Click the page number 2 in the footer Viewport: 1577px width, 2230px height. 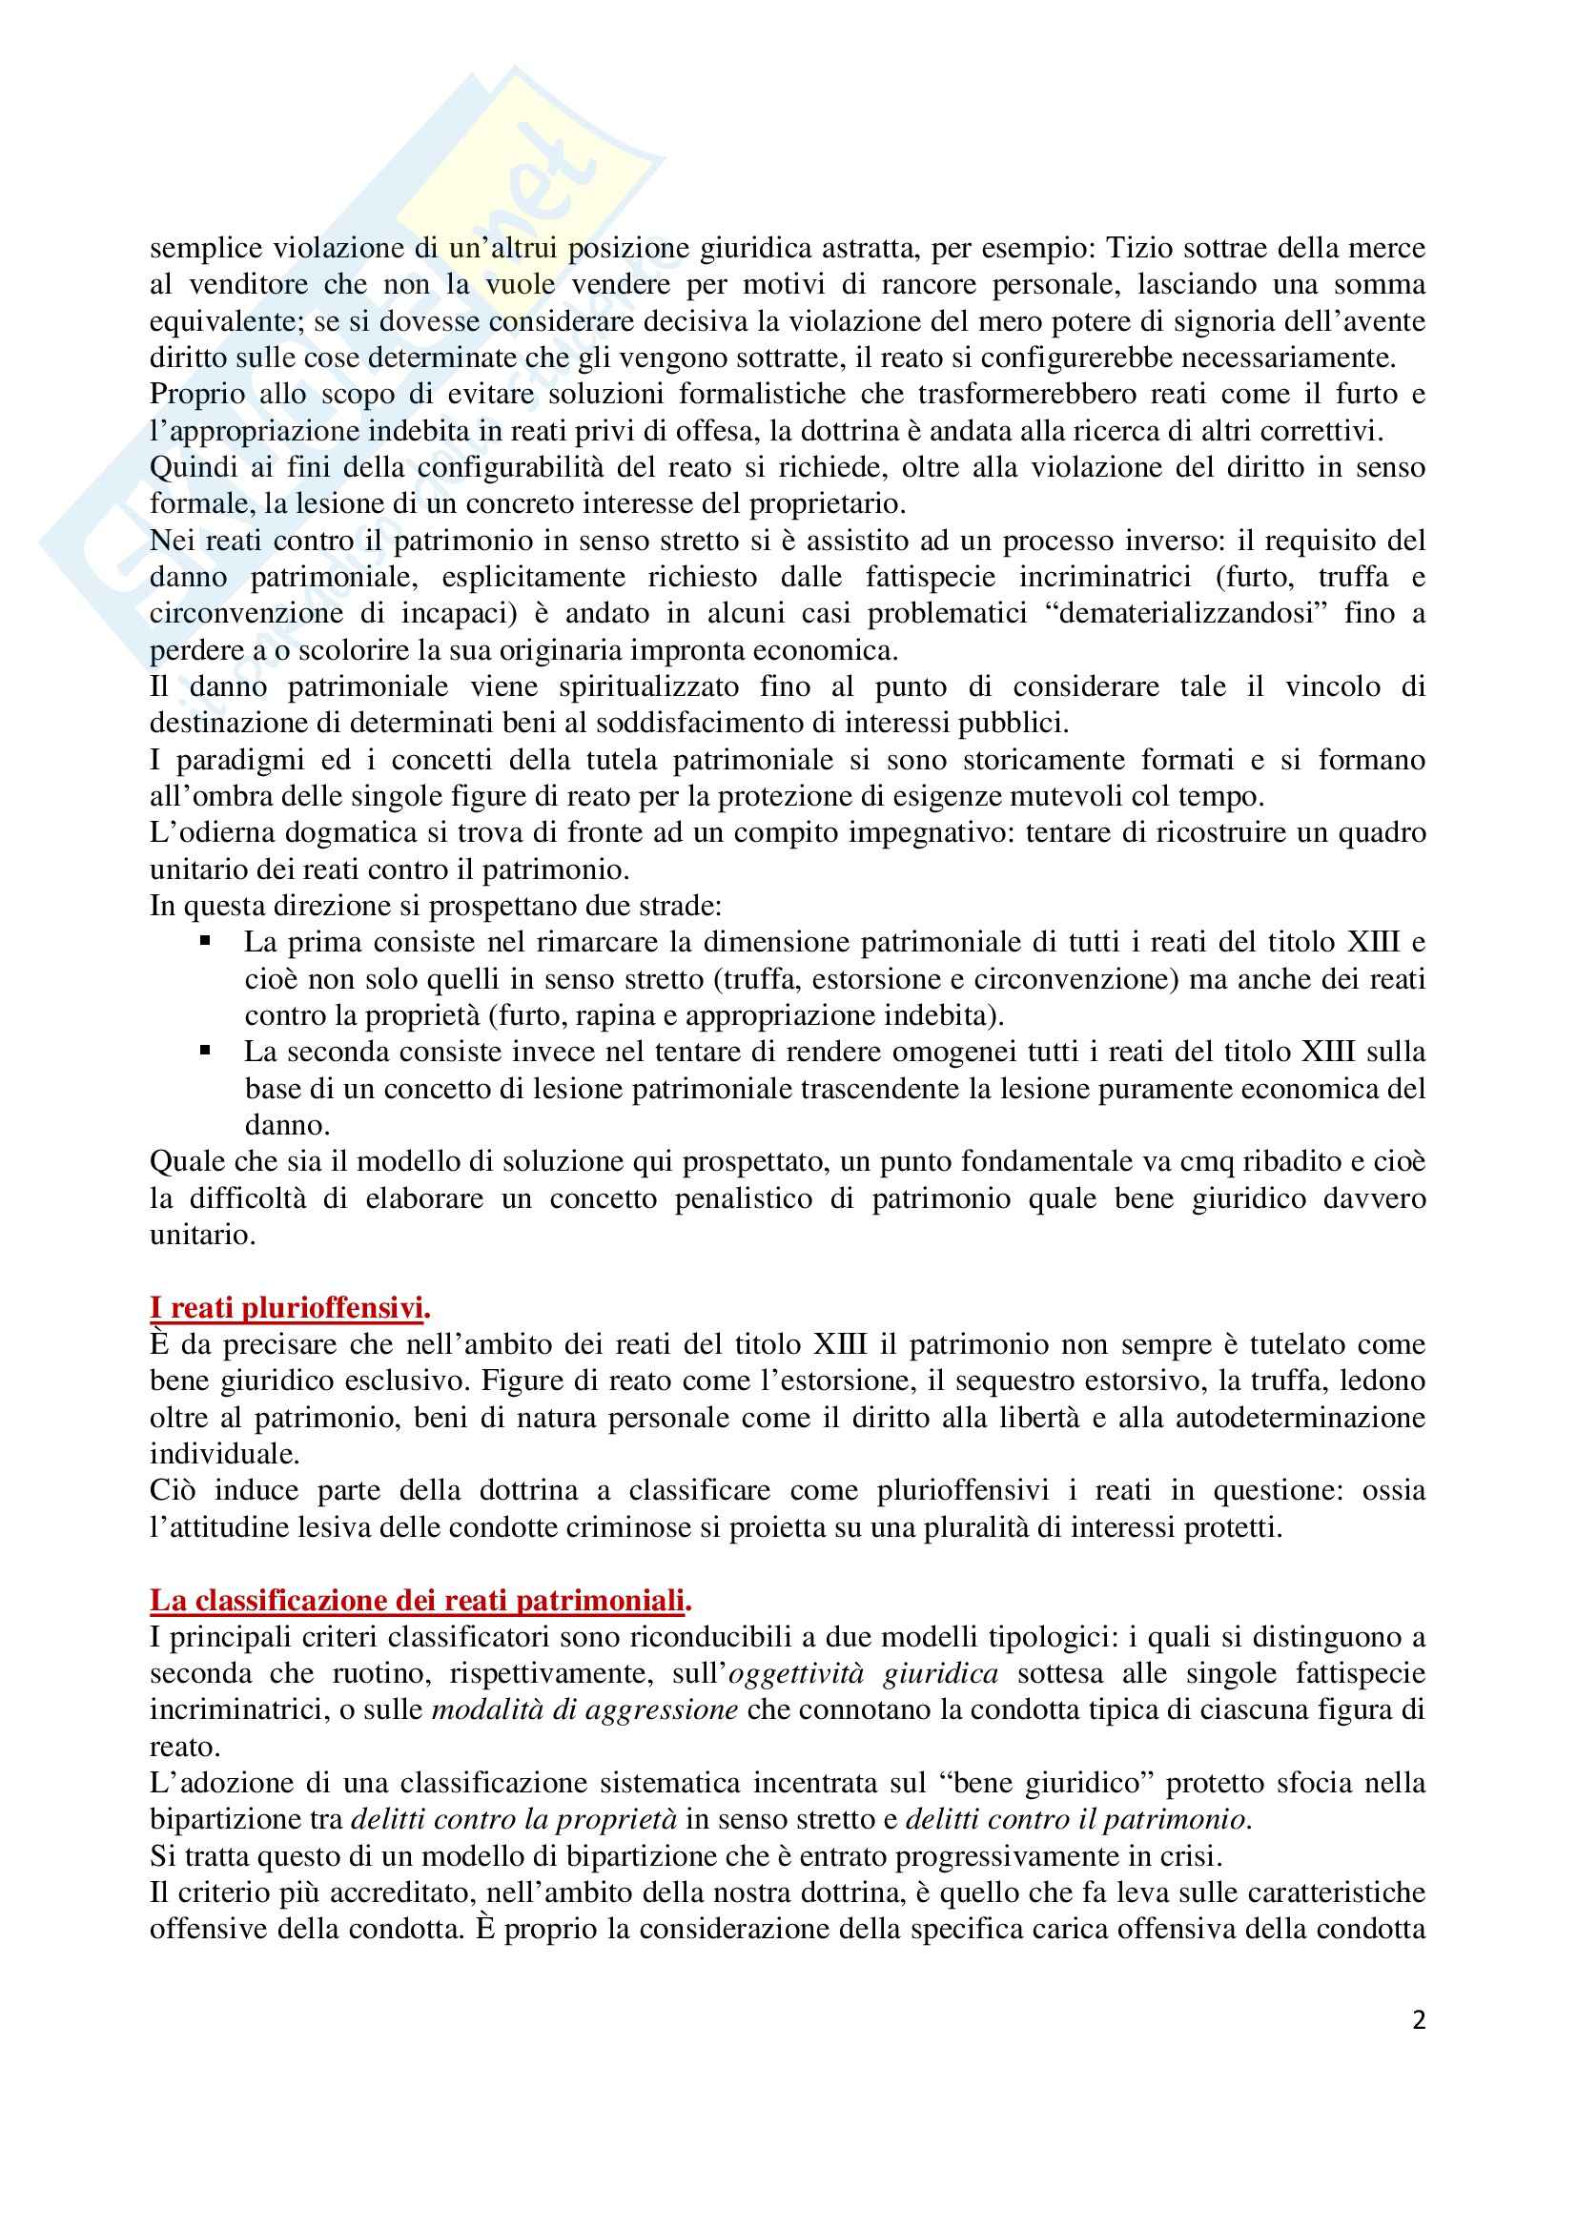pos(1419,2021)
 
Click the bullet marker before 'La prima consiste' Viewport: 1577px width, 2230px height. pos(205,941)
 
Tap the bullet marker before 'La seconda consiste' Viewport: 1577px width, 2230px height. pos(205,1051)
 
